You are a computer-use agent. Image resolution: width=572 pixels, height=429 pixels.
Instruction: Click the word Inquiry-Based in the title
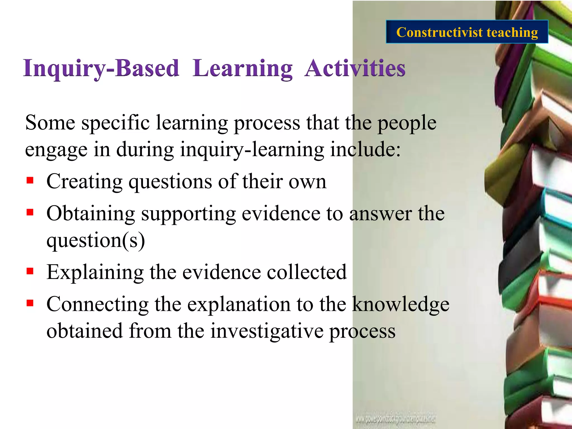[x=101, y=68]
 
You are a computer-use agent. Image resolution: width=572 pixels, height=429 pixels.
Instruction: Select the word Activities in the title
[x=355, y=68]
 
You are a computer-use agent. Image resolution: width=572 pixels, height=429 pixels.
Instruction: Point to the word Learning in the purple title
[x=242, y=68]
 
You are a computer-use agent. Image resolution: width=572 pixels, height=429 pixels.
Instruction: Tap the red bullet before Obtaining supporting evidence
[x=30, y=212]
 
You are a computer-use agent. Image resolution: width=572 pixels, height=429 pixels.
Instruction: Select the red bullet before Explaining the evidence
[x=30, y=271]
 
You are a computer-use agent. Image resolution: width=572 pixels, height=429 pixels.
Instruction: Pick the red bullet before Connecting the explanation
[x=30, y=303]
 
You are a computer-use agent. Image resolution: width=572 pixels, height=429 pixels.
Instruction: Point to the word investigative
[x=266, y=331]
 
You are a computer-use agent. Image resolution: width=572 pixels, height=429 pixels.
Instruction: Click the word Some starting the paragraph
[x=50, y=123]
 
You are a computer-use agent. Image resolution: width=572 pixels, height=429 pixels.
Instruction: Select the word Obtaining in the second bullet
[x=91, y=214]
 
